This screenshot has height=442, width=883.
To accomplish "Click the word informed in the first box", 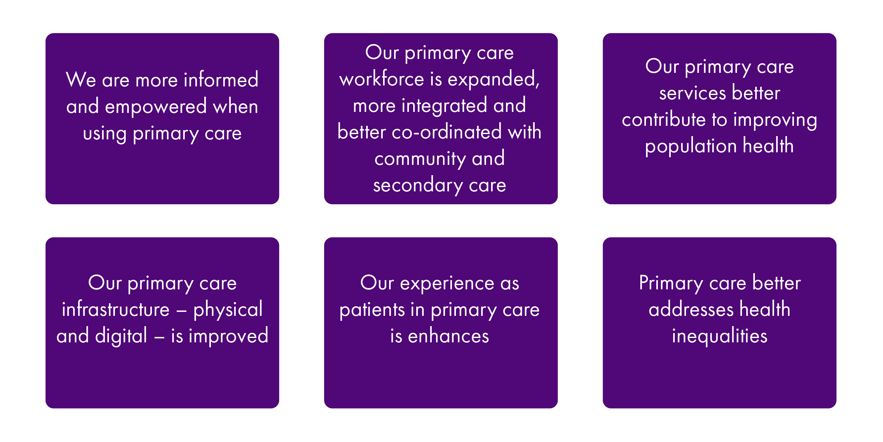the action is [221, 79].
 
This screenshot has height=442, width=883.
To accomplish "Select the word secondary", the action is [418, 185].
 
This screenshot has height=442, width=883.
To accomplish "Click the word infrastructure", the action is [116, 309].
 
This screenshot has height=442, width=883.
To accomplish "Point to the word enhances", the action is [448, 335].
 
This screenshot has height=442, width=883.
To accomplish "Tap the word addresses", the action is [691, 309].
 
